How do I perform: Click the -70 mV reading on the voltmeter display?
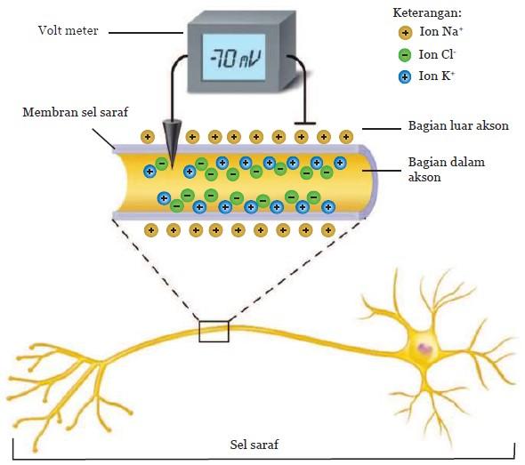tap(235, 59)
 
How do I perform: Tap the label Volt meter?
tap(69, 30)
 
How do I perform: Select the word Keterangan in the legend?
tap(427, 12)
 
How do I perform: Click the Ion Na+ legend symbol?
tap(405, 33)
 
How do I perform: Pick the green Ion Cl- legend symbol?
tap(405, 55)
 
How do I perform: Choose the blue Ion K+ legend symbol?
tap(405, 77)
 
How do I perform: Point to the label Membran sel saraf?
tap(76, 112)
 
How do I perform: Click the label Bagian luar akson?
tap(458, 125)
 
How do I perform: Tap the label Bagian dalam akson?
tap(447, 170)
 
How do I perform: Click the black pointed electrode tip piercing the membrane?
tap(172, 167)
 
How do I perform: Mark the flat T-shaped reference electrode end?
tap(304, 124)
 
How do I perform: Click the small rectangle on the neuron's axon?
tap(214, 331)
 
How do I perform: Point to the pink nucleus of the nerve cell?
tap(424, 349)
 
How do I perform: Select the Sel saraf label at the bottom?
tap(254, 445)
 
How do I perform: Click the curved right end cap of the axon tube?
tap(371, 182)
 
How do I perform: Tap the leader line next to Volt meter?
tap(146, 33)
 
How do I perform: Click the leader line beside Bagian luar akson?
tap(382, 128)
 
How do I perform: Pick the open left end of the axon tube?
tap(120, 182)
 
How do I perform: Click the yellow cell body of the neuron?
tap(423, 349)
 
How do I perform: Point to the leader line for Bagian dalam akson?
tap(382, 171)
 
